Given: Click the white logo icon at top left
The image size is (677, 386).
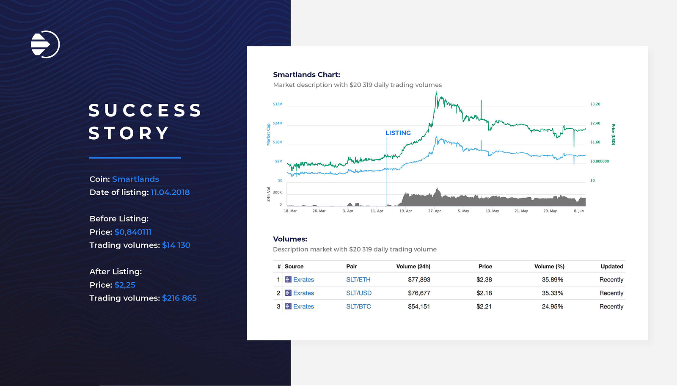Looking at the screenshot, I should (x=45, y=44).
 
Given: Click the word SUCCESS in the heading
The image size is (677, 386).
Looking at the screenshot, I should (x=145, y=110).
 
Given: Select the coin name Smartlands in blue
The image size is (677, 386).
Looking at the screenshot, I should (x=135, y=179).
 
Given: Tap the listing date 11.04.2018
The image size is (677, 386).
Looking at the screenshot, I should (x=170, y=192).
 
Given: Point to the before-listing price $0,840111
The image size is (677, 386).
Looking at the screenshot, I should (x=133, y=232).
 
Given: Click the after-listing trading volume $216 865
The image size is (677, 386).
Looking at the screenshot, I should (x=179, y=298).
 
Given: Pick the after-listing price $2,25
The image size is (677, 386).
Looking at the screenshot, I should (x=125, y=285).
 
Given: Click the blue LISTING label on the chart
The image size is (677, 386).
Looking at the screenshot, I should (x=398, y=133).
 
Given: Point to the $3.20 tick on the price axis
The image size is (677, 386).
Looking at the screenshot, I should (x=595, y=104).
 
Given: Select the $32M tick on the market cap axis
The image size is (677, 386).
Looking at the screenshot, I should (x=278, y=104).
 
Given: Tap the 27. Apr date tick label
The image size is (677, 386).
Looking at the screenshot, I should (x=435, y=211).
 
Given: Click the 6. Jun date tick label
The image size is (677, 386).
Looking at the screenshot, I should (x=578, y=211).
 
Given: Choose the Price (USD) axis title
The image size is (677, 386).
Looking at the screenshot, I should (x=613, y=135).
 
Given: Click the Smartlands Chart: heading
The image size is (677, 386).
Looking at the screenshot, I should (x=306, y=74).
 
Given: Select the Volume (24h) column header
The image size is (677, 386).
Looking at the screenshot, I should (x=413, y=266).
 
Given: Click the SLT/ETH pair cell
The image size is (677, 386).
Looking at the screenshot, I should (x=358, y=280).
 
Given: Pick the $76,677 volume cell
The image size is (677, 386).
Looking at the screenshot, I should (x=419, y=293).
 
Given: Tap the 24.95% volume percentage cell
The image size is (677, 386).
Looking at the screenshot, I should (x=552, y=306).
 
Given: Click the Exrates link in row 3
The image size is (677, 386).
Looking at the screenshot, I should (x=303, y=306).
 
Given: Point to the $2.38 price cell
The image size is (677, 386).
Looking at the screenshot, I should (x=484, y=280).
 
